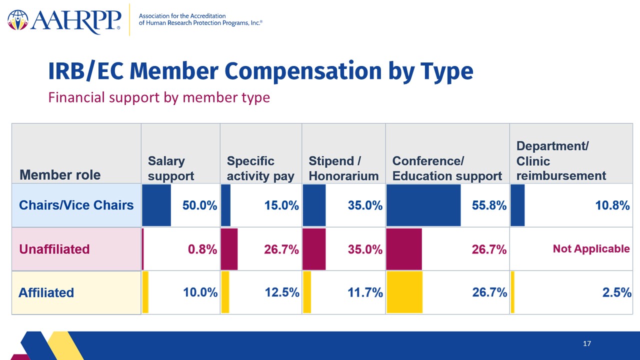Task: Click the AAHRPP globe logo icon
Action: tap(17, 20)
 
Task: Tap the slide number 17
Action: tap(587, 343)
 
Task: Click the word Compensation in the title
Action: tap(303, 71)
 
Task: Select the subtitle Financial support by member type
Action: tap(159, 97)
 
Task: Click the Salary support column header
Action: tap(171, 168)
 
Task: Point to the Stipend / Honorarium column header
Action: tap(343, 168)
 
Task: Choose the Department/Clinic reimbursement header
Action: tap(561, 161)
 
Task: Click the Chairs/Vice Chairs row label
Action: tap(76, 205)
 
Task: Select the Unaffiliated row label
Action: tap(54, 249)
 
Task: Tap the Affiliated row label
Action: tap(46, 292)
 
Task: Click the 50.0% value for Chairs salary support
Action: tap(199, 205)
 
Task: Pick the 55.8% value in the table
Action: tap(489, 205)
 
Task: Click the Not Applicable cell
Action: tap(591, 249)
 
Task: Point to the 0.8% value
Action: tap(202, 249)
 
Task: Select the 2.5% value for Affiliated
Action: tap(617, 292)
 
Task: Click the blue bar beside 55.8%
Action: tap(423, 205)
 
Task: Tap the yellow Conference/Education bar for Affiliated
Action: tap(404, 292)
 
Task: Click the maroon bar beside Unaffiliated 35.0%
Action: tap(314, 249)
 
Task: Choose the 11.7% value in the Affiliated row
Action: tap(365, 292)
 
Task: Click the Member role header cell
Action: tap(76, 153)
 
